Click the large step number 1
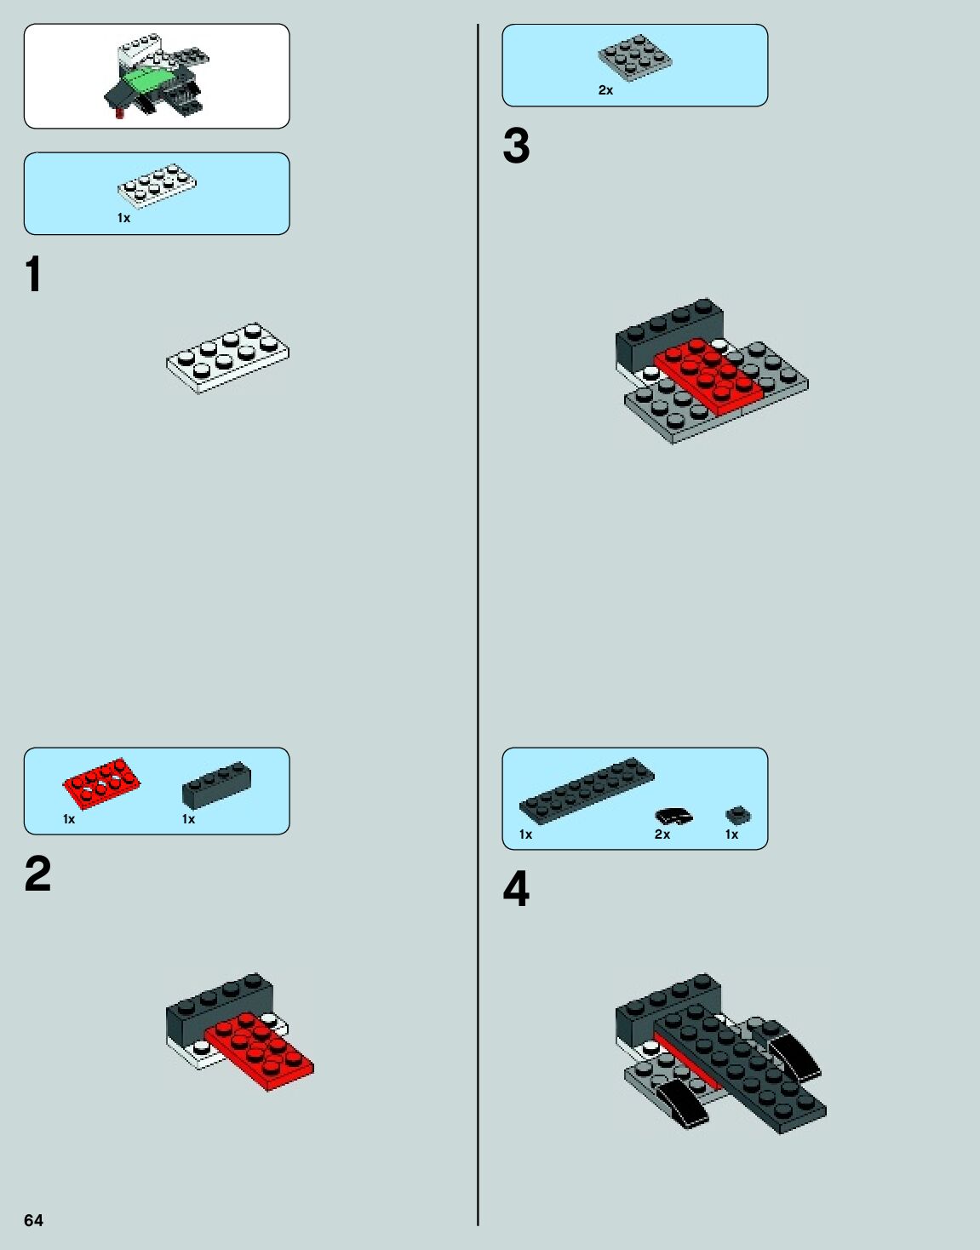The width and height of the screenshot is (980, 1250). click(34, 274)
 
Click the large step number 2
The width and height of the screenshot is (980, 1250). click(38, 874)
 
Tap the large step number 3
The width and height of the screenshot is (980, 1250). click(516, 146)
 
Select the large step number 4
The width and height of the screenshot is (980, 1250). click(516, 889)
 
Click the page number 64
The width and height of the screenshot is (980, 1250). click(33, 1220)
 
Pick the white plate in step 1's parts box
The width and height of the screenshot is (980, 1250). click(157, 186)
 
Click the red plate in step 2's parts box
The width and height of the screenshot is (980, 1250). click(102, 783)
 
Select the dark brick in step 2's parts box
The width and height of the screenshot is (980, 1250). click(217, 784)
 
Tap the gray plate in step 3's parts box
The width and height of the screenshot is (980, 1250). click(634, 58)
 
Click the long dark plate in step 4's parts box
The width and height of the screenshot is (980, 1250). click(587, 790)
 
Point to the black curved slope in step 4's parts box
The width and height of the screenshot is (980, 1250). click(673, 816)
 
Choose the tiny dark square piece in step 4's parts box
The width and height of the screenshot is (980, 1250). click(738, 815)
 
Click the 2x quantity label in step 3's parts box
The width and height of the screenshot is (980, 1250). click(605, 90)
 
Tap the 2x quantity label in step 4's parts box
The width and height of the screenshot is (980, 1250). click(662, 834)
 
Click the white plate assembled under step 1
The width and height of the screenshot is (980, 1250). click(227, 358)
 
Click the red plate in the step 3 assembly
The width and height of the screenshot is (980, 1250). click(708, 375)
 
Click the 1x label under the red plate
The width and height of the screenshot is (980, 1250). click(69, 819)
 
